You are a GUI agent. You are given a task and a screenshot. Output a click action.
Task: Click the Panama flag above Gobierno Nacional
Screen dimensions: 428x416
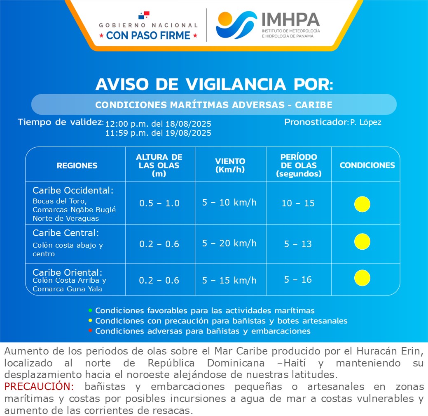pyautogui.click(x=144, y=15)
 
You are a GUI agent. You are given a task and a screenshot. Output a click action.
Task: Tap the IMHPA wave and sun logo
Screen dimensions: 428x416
pyautogui.click(x=236, y=25)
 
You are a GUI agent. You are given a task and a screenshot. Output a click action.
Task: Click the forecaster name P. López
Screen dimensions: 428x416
pyautogui.click(x=366, y=122)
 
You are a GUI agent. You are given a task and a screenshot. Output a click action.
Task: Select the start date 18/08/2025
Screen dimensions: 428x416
pyautogui.click(x=188, y=124)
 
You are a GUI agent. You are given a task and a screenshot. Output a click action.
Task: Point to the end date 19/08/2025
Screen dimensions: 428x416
pyautogui.click(x=188, y=133)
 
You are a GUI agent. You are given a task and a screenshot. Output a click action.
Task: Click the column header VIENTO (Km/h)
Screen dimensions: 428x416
pyautogui.click(x=230, y=165)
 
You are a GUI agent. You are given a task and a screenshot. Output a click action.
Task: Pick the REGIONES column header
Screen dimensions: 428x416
pyautogui.click(x=77, y=165)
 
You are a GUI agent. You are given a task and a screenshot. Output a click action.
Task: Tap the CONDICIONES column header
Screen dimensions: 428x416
pyautogui.click(x=367, y=165)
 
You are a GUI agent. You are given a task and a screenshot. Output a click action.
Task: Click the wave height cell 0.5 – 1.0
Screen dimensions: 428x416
pyautogui.click(x=159, y=203)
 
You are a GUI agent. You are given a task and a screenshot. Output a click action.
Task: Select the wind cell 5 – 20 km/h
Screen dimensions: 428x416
pyautogui.click(x=229, y=243)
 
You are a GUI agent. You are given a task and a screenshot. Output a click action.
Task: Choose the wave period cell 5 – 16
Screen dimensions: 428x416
pyautogui.click(x=298, y=279)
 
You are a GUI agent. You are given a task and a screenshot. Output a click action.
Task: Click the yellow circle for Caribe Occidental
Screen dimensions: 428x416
pyautogui.click(x=362, y=204)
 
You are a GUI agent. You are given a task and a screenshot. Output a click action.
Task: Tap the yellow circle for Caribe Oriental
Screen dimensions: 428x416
pyautogui.click(x=362, y=278)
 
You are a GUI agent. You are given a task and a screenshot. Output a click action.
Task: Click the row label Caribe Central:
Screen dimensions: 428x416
pyautogui.click(x=66, y=233)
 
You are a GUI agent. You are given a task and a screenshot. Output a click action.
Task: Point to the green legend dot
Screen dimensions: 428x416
pyautogui.click(x=90, y=310)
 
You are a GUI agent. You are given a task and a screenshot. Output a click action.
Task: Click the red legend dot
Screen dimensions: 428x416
pyautogui.click(x=90, y=331)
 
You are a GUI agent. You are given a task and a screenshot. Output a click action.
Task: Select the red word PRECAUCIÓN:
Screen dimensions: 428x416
pyautogui.click(x=39, y=386)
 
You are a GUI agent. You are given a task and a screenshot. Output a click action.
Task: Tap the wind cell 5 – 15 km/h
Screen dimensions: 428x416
pyautogui.click(x=229, y=280)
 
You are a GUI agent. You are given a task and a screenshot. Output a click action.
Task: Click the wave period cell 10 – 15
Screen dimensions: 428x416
pyautogui.click(x=298, y=203)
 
